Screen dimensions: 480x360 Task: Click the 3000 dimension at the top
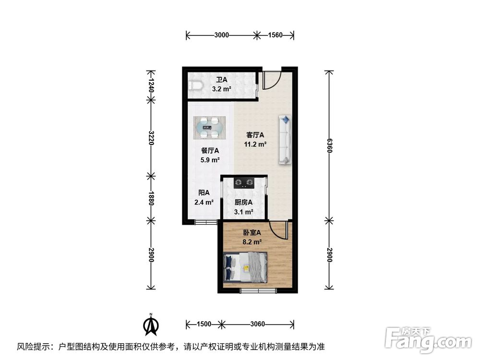tap(221, 35)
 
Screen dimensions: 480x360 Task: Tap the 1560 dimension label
tap(275, 35)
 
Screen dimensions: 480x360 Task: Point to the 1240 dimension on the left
tap(151, 85)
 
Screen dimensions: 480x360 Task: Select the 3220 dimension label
tap(151, 138)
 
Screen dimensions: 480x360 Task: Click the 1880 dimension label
tap(151, 198)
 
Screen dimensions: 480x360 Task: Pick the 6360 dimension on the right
tap(329, 145)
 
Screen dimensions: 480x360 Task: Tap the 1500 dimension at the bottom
tap(204, 324)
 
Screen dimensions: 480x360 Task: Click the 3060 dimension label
tap(257, 324)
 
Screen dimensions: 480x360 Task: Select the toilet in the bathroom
tap(195, 86)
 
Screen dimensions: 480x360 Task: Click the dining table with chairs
tap(209, 128)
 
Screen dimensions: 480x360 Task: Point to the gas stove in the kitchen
tap(244, 183)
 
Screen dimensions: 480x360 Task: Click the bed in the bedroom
tap(245, 267)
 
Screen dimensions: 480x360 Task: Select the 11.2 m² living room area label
tap(255, 144)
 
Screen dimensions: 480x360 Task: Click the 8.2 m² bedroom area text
tap(252, 242)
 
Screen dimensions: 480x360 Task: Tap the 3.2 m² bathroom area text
tap(222, 89)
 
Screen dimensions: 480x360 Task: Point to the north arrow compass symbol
tap(151, 324)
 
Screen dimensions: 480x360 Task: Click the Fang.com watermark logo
tap(428, 339)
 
